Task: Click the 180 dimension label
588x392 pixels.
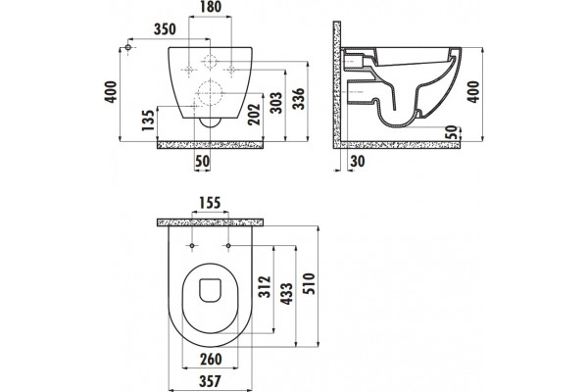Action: (210, 7)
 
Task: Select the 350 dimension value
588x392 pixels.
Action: (165, 29)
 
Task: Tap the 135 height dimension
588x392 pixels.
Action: (149, 120)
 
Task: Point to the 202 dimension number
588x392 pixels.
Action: (254, 115)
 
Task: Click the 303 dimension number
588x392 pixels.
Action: (276, 102)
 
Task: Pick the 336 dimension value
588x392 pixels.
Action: (299, 99)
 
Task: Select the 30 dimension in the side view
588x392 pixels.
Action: (358, 162)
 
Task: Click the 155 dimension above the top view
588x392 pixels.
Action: (210, 203)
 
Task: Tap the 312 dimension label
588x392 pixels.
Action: (265, 287)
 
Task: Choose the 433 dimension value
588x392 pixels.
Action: (287, 294)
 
